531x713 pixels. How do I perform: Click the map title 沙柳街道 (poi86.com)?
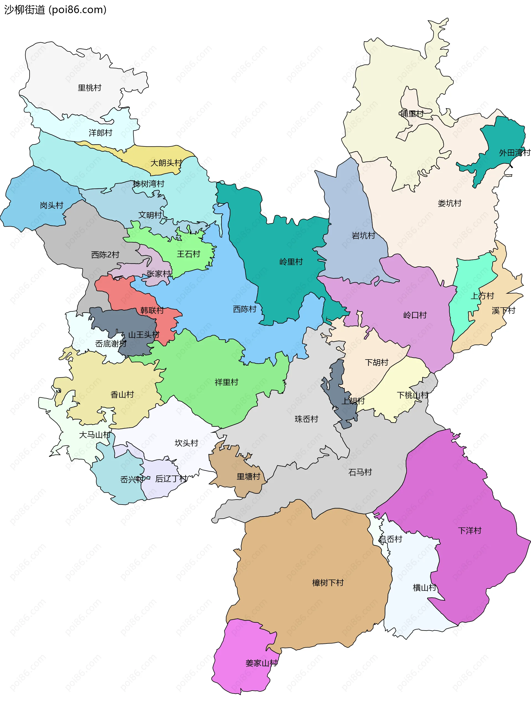pos(55,10)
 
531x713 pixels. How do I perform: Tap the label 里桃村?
pos(89,88)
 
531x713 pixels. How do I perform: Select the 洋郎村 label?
pos(100,133)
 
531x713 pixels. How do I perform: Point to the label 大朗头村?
pos(166,163)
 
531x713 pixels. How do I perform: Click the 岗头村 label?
pos(51,205)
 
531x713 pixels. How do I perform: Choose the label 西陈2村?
pos(105,255)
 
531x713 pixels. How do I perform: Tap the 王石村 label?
pos(188,254)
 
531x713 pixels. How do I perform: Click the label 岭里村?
pos(291,262)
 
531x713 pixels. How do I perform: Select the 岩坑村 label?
pos(363,236)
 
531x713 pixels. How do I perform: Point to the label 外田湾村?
pos(514,153)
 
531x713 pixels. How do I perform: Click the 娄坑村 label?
pos(449,203)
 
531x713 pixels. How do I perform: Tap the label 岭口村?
pos(415,315)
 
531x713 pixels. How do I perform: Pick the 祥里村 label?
pos(226,382)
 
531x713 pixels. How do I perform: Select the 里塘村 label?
pos(248,477)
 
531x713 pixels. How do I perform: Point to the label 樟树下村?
pos(327,583)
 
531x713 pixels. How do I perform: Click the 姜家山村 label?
pos(261,663)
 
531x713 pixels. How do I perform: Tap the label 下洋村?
pos(469,531)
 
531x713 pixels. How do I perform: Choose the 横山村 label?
pos(424,588)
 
